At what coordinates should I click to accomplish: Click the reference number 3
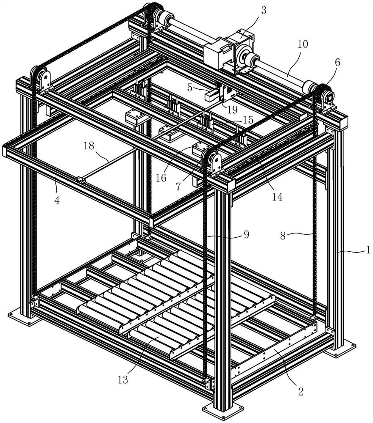click(264, 11)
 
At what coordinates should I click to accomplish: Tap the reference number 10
click(303, 44)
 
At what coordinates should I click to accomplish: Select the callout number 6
click(337, 62)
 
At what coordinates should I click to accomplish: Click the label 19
click(231, 110)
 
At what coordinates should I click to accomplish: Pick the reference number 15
click(248, 120)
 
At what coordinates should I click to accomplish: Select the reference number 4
click(57, 199)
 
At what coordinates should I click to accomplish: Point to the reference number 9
click(246, 233)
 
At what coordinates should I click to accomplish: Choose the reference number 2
click(300, 391)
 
